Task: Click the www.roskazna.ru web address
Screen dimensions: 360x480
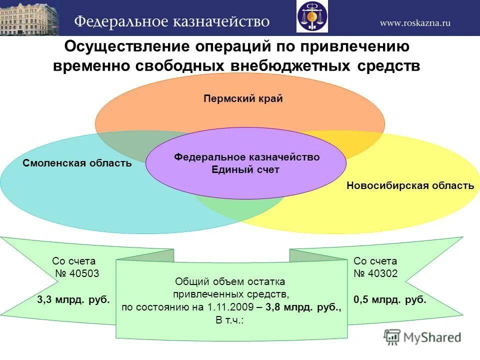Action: (415, 22)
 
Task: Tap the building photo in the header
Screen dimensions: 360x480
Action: (29, 18)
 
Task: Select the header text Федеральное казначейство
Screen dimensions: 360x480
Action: (172, 22)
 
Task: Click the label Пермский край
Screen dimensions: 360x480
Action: (243, 98)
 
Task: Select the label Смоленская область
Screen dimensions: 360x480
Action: (77, 163)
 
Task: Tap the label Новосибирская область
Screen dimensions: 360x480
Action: (410, 186)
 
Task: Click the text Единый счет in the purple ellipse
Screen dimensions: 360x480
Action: (245, 170)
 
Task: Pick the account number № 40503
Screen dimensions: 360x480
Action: (77, 273)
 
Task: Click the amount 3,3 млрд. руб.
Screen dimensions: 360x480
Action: (73, 300)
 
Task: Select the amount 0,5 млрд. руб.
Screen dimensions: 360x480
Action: (390, 300)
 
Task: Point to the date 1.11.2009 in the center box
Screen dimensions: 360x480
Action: (227, 307)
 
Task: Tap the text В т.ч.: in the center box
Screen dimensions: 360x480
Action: (230, 320)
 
